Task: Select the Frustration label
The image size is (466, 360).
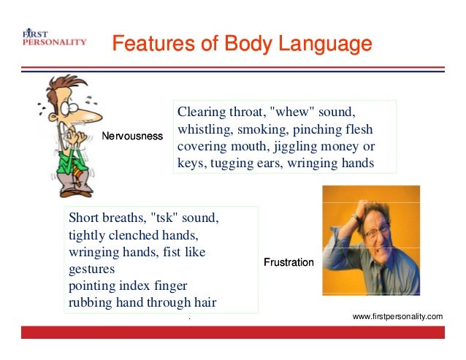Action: point(289,262)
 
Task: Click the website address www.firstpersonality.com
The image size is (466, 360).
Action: point(397,316)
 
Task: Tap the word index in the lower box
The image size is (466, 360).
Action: point(135,286)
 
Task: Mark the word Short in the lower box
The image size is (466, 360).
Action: point(83,218)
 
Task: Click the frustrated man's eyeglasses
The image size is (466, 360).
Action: point(380,234)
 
